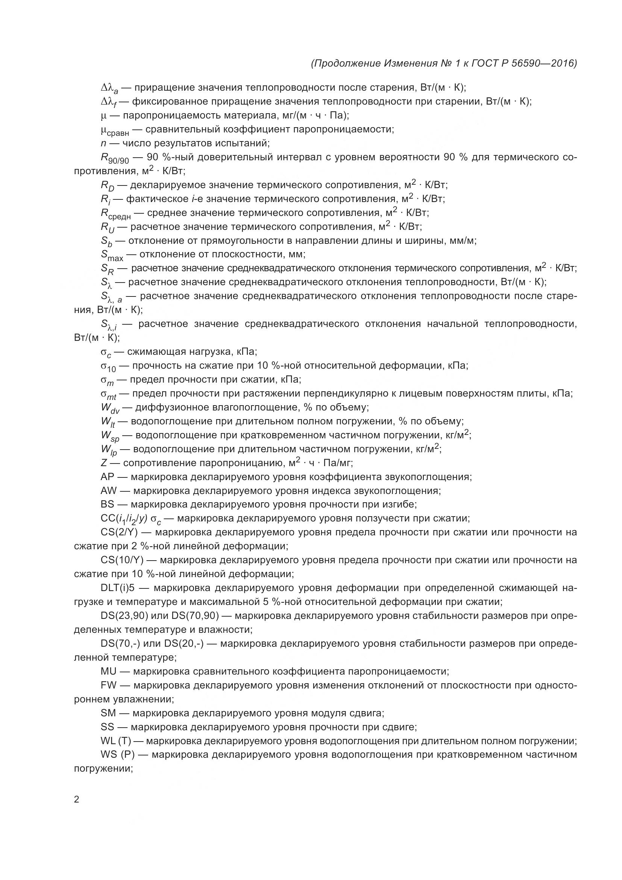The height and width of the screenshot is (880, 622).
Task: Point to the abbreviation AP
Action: pyautogui.click(x=108, y=477)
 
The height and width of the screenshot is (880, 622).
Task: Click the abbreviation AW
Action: pyautogui.click(x=108, y=491)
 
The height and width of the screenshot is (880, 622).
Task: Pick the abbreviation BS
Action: pyautogui.click(x=108, y=505)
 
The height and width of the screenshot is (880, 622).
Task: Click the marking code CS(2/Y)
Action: pyautogui.click(x=121, y=532)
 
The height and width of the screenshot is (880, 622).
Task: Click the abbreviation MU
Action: pyautogui.click(x=108, y=671)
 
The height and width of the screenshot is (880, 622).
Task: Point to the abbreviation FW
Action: pyautogui.click(x=108, y=685)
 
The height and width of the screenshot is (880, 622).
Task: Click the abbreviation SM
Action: pyautogui.click(x=108, y=713)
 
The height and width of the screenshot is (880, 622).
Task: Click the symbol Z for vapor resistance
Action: pyautogui.click(x=104, y=463)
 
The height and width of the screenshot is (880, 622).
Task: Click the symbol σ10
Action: pyautogui.click(x=108, y=367)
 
